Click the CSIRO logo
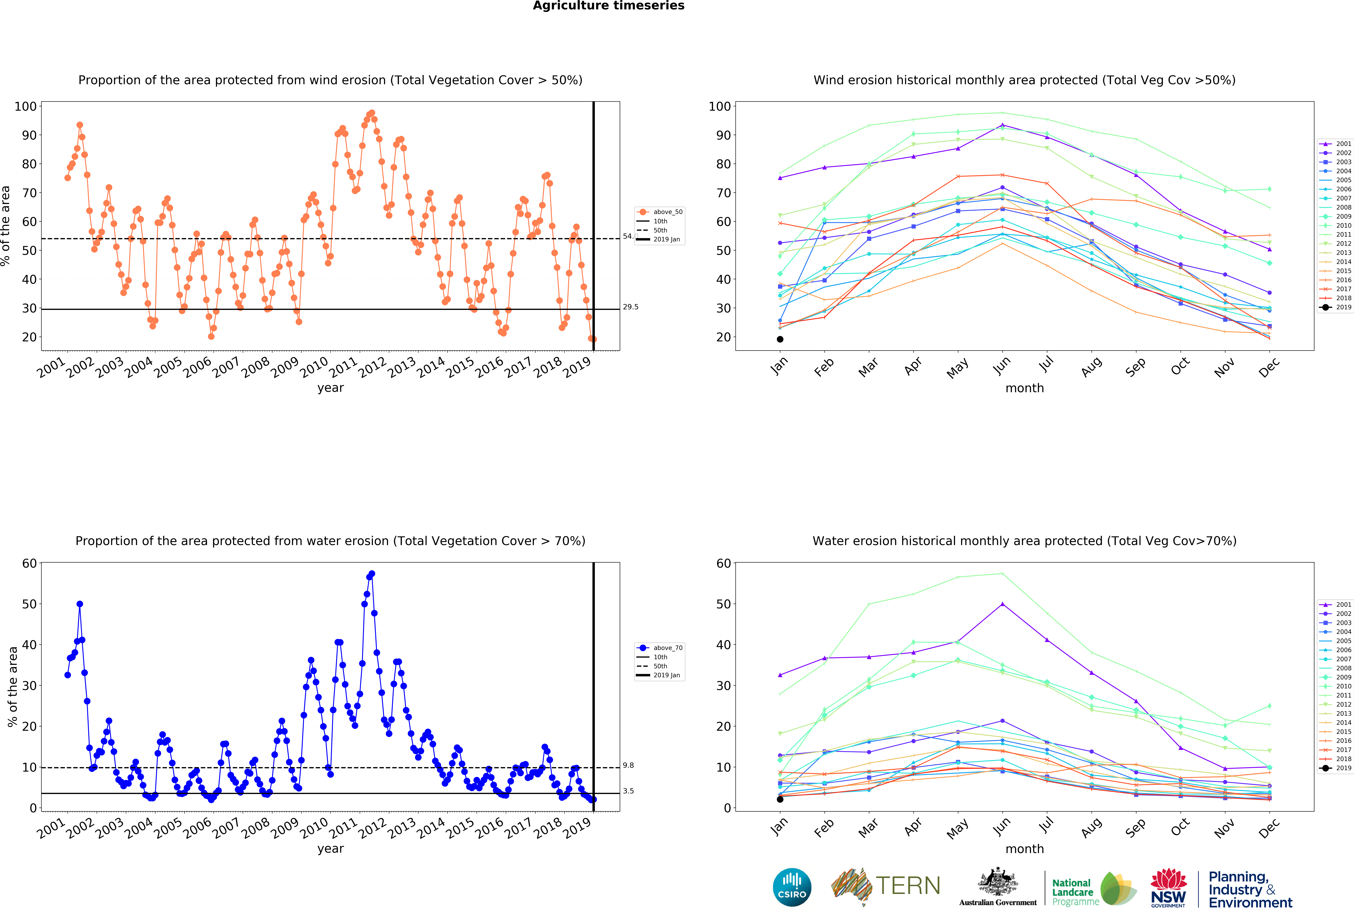pos(792,887)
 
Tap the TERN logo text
pos(908,886)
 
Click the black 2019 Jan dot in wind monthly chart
pos(780,339)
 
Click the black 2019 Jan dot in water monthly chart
pos(780,799)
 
